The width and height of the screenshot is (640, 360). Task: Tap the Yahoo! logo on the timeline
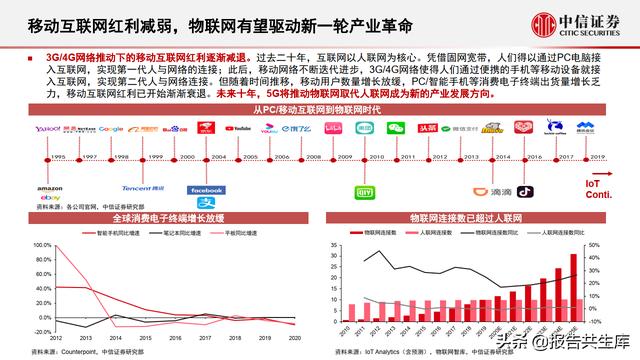(48, 129)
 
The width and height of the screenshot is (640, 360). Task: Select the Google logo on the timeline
(112, 129)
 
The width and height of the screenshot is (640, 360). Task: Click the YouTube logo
(238, 129)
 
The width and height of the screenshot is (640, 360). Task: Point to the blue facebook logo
(207, 190)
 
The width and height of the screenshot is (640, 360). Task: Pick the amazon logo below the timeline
(49, 189)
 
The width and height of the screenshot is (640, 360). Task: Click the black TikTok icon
(523, 191)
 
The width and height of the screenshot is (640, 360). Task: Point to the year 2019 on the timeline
(598, 157)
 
